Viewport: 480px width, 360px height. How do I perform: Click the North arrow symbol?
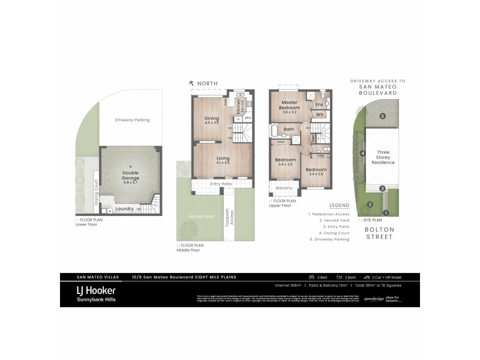click(x=191, y=83)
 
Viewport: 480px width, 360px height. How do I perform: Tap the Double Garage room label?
click(x=126, y=175)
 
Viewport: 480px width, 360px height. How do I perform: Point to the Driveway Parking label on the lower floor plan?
click(x=132, y=120)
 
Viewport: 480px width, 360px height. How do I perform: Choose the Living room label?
click(x=223, y=160)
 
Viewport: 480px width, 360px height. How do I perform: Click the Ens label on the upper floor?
click(x=319, y=104)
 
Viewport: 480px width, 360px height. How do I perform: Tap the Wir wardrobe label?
click(x=320, y=114)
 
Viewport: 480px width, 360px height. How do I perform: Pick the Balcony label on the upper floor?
click(x=284, y=188)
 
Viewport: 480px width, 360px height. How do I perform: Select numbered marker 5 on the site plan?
click(x=382, y=116)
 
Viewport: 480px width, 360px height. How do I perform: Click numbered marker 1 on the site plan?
click(x=386, y=212)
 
